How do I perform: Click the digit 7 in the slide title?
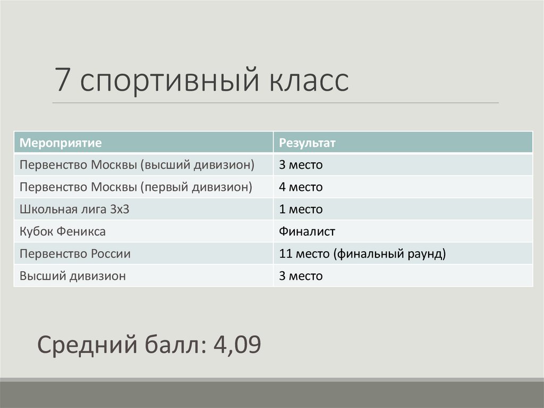pyautogui.click(x=63, y=81)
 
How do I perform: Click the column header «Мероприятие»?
pyautogui.click(x=61, y=143)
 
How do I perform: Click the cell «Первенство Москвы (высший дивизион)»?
pyautogui.click(x=137, y=165)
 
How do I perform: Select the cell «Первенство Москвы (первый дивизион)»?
pyautogui.click(x=135, y=187)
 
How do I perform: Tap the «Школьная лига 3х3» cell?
pyautogui.click(x=74, y=210)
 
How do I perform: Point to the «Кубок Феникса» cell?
pyautogui.click(x=62, y=232)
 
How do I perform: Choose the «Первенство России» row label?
pyautogui.click(x=75, y=254)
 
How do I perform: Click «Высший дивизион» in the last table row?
pyautogui.click(x=72, y=277)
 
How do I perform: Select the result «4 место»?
pyautogui.click(x=301, y=187)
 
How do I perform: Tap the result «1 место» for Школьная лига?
pyautogui.click(x=301, y=210)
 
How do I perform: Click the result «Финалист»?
pyautogui.click(x=308, y=232)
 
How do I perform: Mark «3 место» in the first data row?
pyautogui.click(x=301, y=165)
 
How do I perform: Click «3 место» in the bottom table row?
pyautogui.click(x=301, y=277)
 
